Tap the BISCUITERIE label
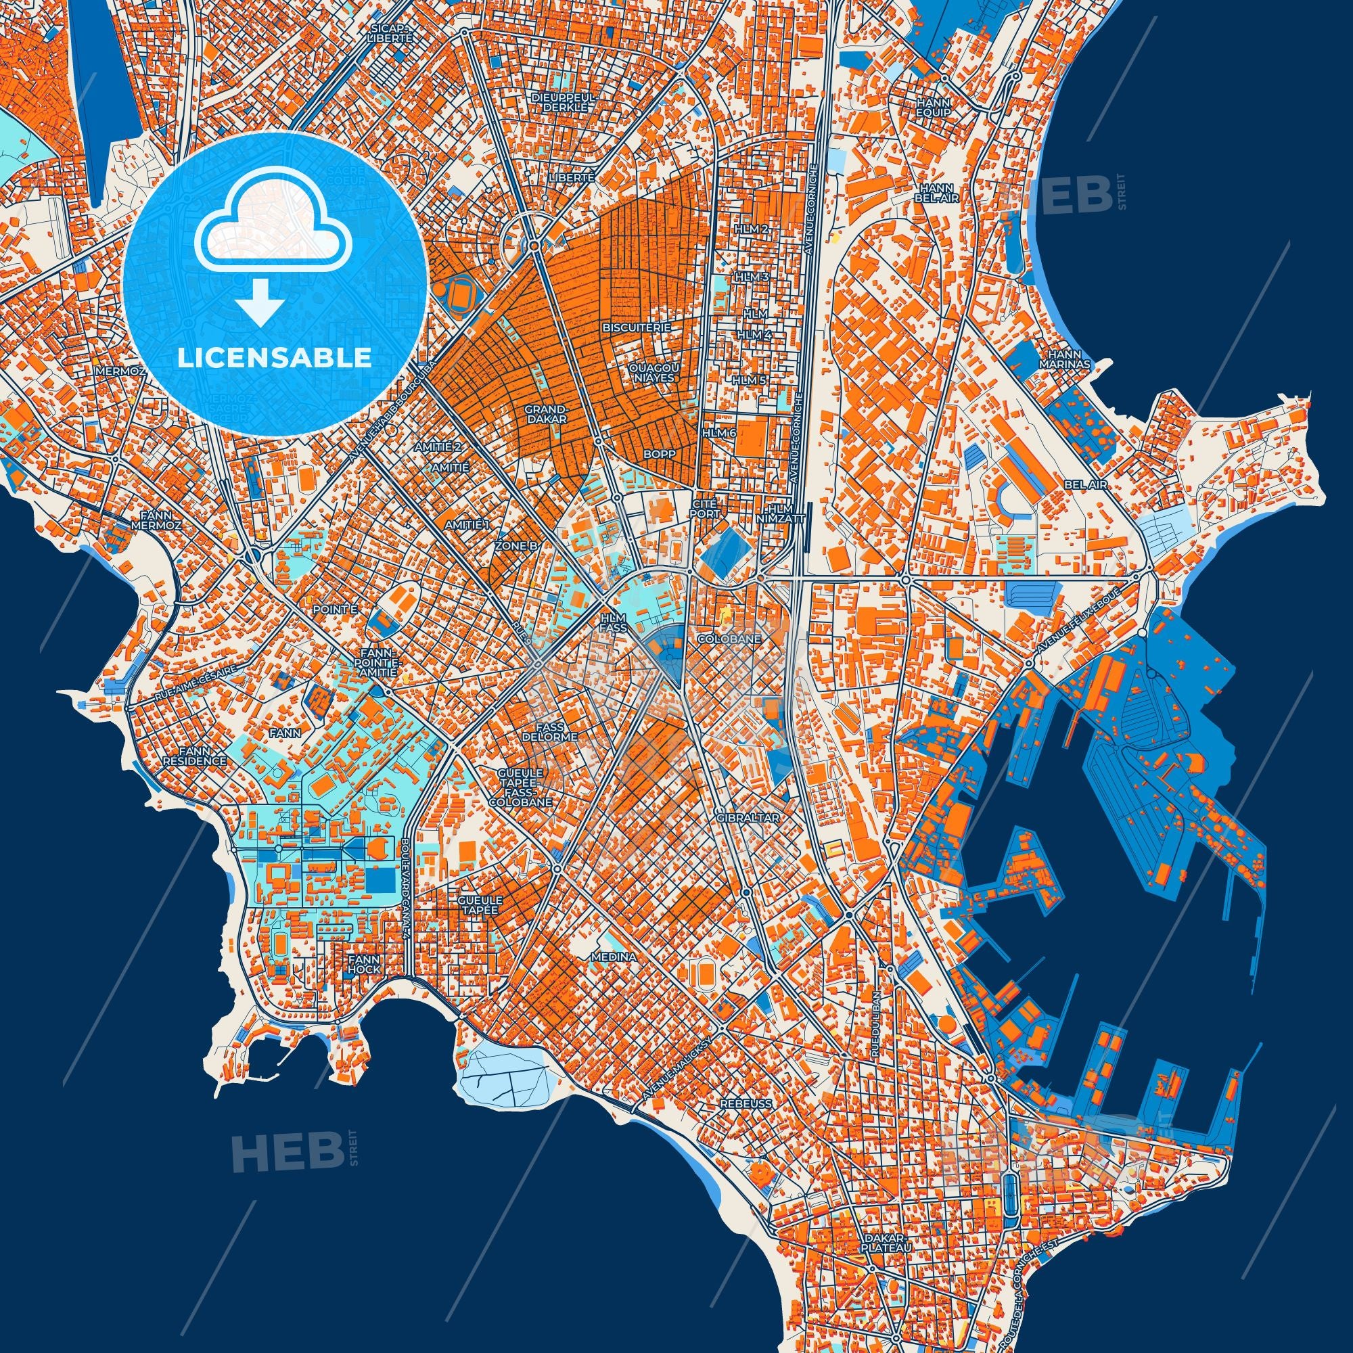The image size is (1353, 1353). [637, 327]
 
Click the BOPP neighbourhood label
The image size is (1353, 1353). [660, 454]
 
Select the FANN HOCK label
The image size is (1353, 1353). [364, 964]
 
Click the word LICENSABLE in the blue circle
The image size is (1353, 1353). [274, 358]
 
